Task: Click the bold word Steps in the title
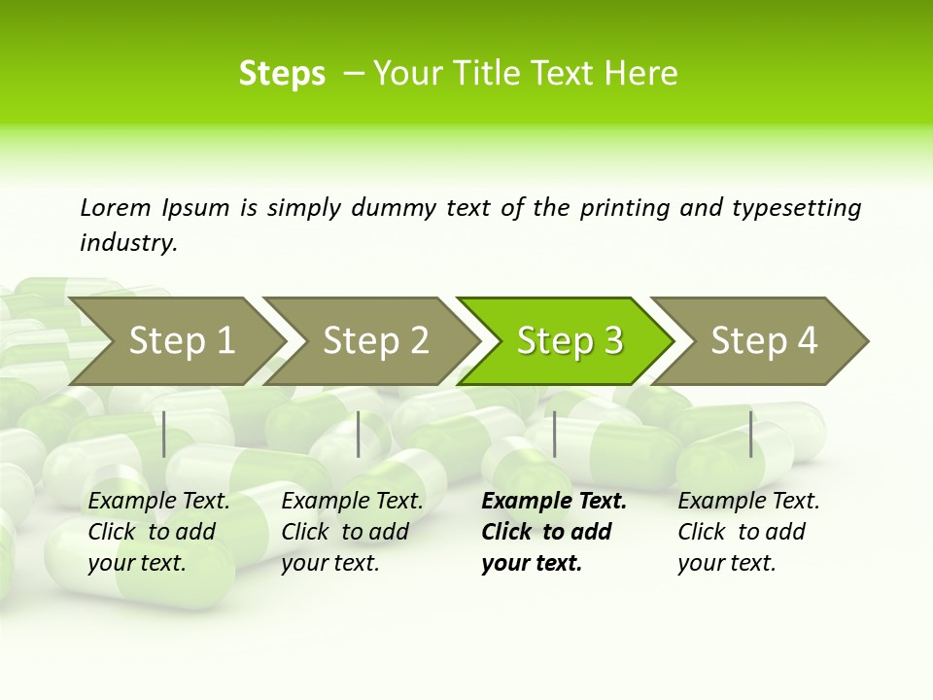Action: click(x=282, y=74)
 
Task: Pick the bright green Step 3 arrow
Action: click(x=570, y=341)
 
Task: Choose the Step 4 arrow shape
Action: click(x=764, y=341)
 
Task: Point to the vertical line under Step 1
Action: click(x=164, y=434)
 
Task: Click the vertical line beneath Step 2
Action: click(x=359, y=434)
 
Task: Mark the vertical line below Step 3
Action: click(x=554, y=434)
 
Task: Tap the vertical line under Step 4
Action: click(x=750, y=434)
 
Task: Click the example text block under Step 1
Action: click(x=158, y=532)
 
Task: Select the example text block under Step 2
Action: click(x=352, y=532)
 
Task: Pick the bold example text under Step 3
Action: click(x=553, y=532)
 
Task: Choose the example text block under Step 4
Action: click(x=748, y=532)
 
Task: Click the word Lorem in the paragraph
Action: click(x=115, y=208)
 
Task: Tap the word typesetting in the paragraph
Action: click(x=796, y=208)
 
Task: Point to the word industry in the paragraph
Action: click(x=128, y=243)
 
